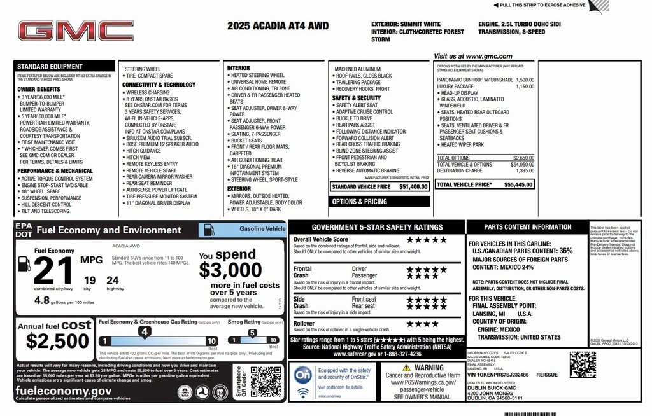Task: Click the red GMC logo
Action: pos(75,31)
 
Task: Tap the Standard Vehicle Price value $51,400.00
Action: pos(413,187)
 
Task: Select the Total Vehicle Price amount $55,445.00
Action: pos(518,184)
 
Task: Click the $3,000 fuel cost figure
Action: pos(230,270)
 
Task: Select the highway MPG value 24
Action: pos(112,280)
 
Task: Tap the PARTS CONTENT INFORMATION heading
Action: pos(527,227)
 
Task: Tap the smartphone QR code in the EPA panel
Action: pos(266,382)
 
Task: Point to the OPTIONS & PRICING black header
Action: pos(358,202)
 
